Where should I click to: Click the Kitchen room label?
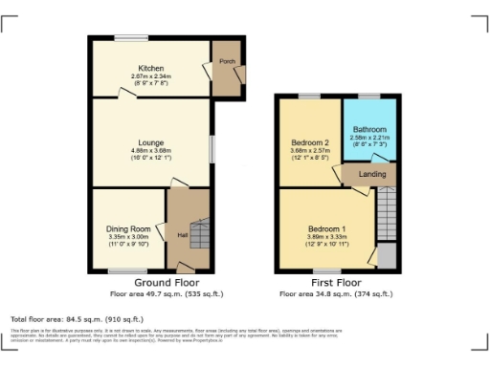[149, 69]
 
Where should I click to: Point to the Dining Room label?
[128, 229]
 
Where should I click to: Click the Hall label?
[183, 235]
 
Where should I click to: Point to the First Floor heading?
[336, 283]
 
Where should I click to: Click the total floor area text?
[77, 318]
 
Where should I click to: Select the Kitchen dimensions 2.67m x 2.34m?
[149, 77]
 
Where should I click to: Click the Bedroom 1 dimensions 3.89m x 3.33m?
[326, 238]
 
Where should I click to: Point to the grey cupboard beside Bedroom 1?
[387, 256]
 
